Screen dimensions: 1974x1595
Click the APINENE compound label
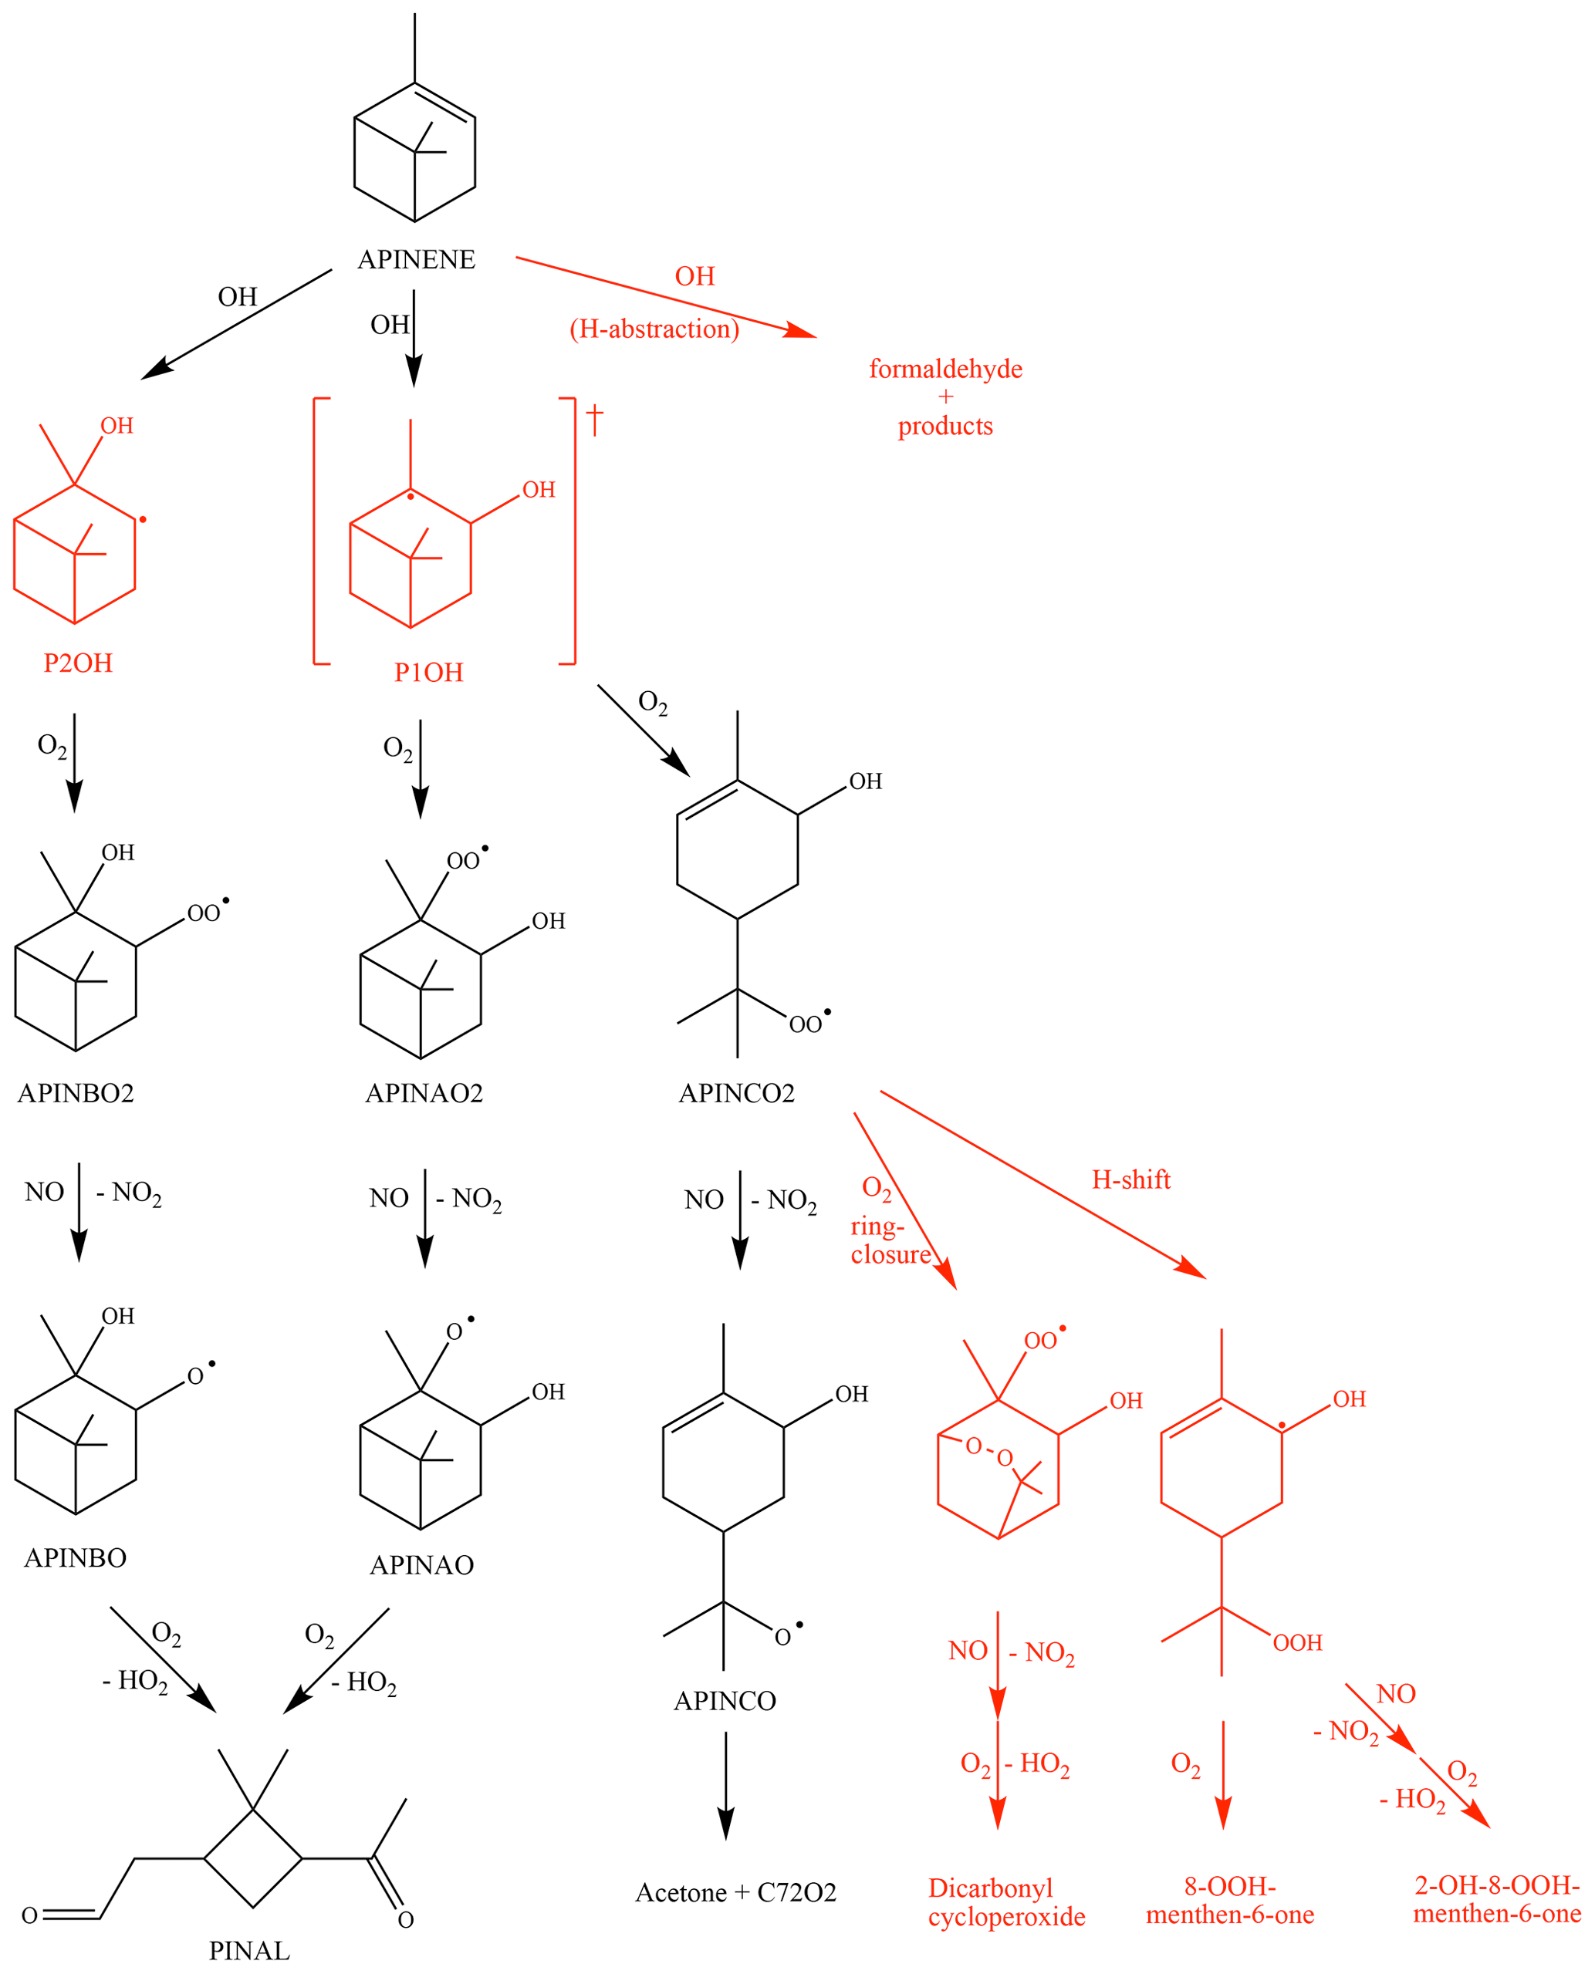point(416,260)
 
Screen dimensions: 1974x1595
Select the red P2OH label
point(78,663)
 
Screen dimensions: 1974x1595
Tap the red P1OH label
point(428,673)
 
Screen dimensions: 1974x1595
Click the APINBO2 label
point(76,1093)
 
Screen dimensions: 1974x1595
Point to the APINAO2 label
point(424,1093)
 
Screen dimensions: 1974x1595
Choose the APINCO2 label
point(736,1093)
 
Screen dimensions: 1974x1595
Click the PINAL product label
point(249,1950)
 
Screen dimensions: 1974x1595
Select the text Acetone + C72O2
point(736,1892)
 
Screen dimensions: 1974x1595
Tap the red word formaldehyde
point(945,369)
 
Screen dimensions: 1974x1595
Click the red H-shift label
point(1131,1179)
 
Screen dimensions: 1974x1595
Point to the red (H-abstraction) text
point(654,329)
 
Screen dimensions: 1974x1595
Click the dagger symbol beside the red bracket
point(594,420)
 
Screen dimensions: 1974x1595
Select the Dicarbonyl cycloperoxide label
point(1006,1902)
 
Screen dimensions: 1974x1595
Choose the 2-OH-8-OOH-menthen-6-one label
point(1497,1900)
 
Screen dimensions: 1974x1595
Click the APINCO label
point(725,1701)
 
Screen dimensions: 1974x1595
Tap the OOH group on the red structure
point(1297,1642)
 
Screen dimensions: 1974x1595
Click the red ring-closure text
point(890,1240)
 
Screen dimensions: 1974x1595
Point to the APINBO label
point(76,1558)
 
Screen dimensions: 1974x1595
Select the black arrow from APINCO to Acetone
point(726,1787)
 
